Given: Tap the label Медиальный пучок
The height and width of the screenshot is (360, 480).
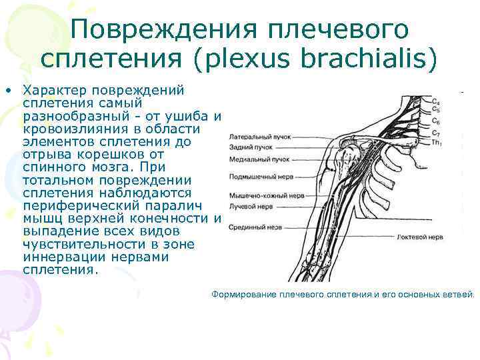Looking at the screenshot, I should coord(259,160).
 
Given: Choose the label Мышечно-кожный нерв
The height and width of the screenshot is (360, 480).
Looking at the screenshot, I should coord(267,197).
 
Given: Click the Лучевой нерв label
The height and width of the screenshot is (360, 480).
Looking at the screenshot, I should coord(251,207).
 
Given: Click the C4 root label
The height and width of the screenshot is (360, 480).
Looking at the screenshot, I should coord(435,101).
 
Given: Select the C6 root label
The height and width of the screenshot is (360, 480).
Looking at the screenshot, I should coord(435,121).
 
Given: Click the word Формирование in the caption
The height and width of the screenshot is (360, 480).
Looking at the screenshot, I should coord(243,294).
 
